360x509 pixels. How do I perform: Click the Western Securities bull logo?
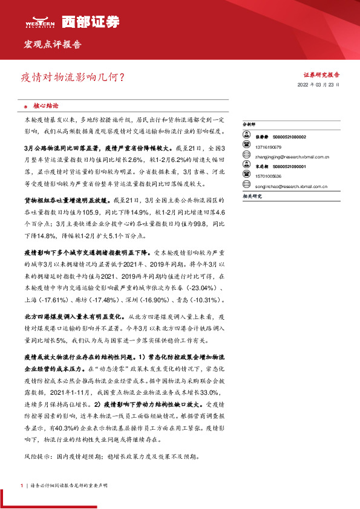pyautogui.click(x=40, y=21)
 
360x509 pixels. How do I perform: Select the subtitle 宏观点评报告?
pyautogui.click(x=51, y=45)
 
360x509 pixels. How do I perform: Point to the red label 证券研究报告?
pyautogui.click(x=321, y=74)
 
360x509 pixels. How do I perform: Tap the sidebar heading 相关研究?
pyautogui.click(x=252, y=196)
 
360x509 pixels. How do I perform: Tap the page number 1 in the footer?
pyautogui.click(x=21, y=485)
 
